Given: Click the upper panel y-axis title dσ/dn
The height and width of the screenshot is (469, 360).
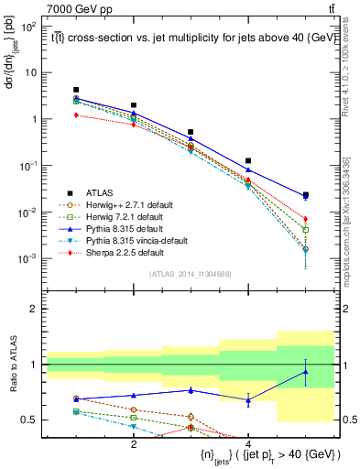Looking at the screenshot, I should pos(13,54).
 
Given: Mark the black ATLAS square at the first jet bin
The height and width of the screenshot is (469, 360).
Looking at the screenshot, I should pos(77,90).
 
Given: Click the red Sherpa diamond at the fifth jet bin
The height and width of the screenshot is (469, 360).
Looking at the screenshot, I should pos(305,219).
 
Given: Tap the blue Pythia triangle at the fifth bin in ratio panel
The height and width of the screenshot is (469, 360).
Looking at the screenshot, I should pos(305,371).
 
